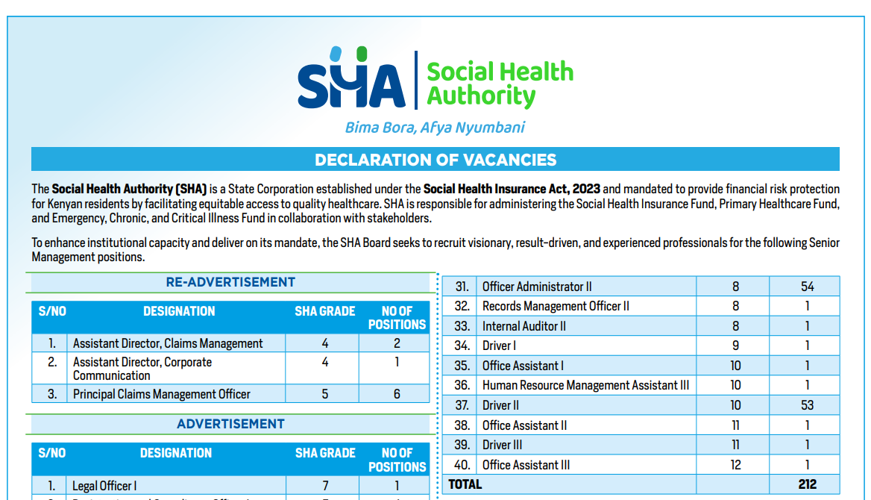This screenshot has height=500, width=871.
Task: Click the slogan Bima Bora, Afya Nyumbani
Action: (435, 128)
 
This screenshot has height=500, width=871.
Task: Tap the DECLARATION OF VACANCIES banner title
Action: (435, 160)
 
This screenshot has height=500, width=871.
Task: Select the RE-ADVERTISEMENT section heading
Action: (230, 282)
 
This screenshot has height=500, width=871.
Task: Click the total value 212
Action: (807, 484)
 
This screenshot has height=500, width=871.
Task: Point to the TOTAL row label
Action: (465, 484)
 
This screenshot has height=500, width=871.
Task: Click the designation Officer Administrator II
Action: (537, 287)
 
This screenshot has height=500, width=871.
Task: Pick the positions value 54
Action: (807, 287)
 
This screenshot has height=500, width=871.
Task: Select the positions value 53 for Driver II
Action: (807, 405)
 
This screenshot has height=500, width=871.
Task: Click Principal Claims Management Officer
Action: (162, 394)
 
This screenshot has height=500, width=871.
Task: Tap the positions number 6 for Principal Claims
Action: (397, 394)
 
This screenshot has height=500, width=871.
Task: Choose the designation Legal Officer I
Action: (104, 486)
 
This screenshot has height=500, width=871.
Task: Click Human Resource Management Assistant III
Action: (585, 386)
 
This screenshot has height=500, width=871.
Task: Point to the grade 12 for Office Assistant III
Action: (735, 465)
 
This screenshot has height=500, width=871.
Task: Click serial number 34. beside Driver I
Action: (462, 346)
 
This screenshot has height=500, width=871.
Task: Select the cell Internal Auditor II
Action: (524, 326)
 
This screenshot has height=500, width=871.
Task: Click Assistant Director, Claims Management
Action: (168, 343)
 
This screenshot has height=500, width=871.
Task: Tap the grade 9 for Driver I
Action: (735, 346)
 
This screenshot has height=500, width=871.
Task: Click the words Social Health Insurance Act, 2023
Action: (512, 189)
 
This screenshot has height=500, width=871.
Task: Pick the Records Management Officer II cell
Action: (556, 306)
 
